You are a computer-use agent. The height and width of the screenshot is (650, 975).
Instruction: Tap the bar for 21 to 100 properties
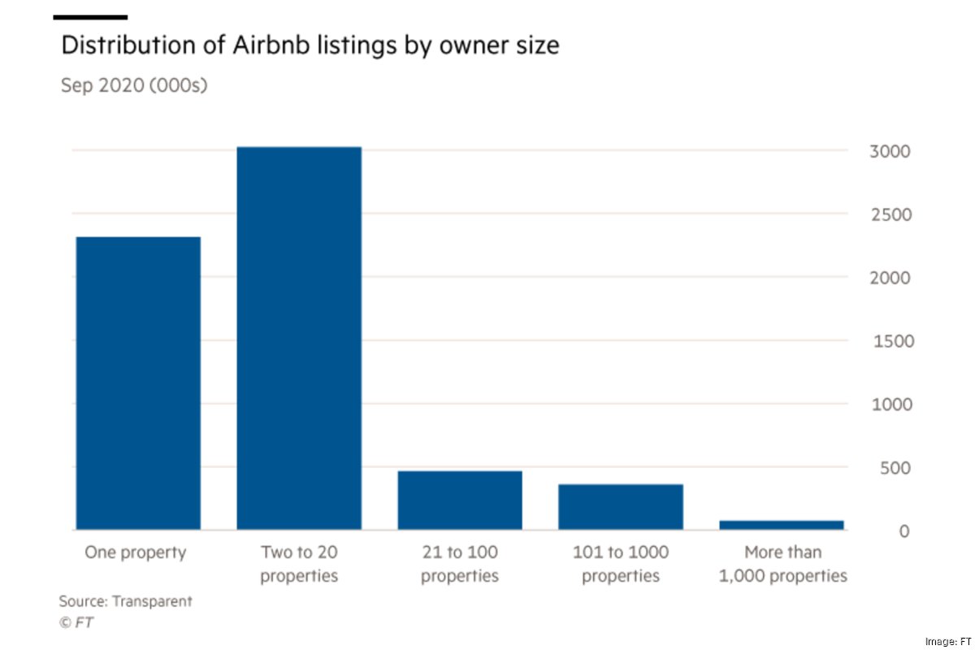click(x=460, y=500)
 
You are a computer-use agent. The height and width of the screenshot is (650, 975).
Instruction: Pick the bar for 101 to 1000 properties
click(x=621, y=507)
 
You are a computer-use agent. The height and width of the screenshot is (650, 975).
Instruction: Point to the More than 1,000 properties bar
click(x=782, y=525)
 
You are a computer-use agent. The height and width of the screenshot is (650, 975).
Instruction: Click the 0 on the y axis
click(x=903, y=531)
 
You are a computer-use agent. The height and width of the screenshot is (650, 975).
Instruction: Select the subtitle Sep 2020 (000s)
click(x=134, y=84)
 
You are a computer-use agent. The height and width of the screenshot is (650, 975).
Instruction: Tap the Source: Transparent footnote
click(x=125, y=601)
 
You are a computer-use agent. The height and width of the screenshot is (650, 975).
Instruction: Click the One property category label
click(x=136, y=552)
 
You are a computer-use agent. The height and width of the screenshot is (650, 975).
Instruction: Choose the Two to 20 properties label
click(x=299, y=564)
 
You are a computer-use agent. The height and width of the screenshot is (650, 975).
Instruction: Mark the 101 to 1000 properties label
click(x=621, y=564)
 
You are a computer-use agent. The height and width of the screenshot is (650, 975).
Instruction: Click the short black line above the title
click(x=90, y=17)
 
